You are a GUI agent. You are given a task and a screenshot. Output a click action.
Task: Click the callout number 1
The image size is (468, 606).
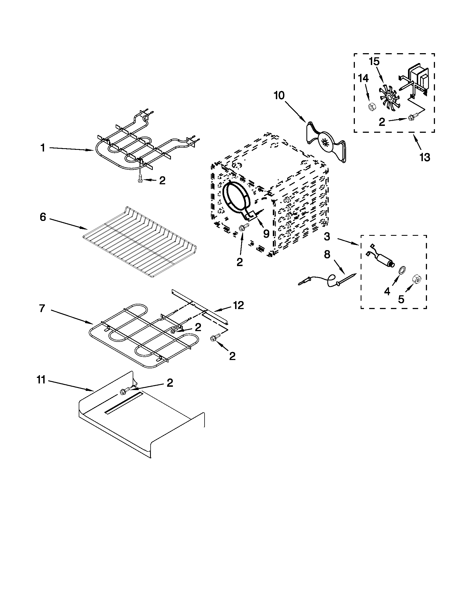pos(43,148)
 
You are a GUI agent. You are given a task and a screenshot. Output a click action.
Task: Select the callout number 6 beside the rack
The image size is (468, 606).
pos(43,217)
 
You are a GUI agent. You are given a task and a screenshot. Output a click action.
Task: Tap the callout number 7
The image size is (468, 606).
pos(42,308)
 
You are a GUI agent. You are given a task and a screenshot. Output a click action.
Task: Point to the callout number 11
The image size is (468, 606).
pos(41,380)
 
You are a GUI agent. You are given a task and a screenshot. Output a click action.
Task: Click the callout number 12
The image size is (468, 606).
pos(238,305)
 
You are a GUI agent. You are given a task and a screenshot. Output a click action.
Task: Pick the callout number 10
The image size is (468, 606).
pos(279,96)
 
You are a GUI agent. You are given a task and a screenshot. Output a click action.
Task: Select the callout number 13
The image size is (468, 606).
pos(425,158)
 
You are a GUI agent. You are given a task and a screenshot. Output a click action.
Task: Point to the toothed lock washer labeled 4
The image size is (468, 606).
pos(400,270)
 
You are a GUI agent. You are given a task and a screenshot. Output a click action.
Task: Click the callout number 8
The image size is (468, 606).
pos(327,255)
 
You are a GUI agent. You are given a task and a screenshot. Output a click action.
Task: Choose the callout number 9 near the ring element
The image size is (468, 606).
pos(266,234)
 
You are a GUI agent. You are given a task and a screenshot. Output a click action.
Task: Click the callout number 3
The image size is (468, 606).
pos(327,237)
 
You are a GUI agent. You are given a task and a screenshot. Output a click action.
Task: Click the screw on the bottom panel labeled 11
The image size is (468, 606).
pos(124,391)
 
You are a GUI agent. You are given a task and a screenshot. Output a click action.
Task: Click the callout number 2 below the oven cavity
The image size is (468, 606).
pos(240,262)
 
